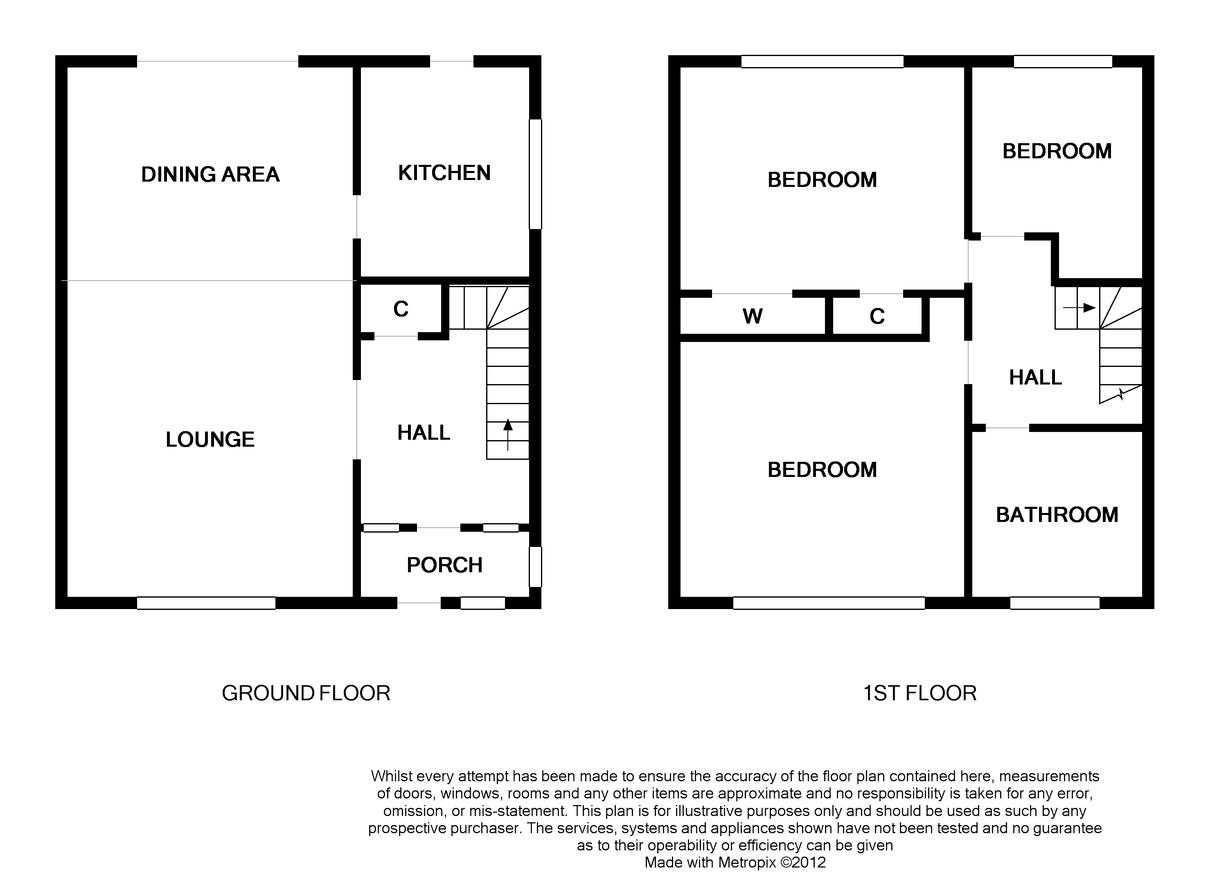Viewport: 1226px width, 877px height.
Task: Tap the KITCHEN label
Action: pyautogui.click(x=444, y=173)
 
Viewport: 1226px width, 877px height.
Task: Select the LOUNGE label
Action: pyautogui.click(x=210, y=440)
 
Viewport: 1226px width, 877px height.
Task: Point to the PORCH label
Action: pyautogui.click(x=444, y=565)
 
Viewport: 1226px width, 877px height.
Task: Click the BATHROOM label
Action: pyautogui.click(x=1057, y=515)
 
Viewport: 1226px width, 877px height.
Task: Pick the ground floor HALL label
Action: pyautogui.click(x=424, y=432)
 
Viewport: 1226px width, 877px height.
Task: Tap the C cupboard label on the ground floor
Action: pyautogui.click(x=401, y=309)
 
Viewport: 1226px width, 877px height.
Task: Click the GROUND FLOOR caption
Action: pyautogui.click(x=306, y=693)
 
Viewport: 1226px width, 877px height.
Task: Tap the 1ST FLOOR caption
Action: pyautogui.click(x=920, y=693)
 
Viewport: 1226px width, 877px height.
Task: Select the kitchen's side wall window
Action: pyautogui.click(x=535, y=174)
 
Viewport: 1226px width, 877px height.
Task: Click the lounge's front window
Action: pyautogui.click(x=206, y=603)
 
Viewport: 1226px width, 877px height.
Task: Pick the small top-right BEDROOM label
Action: pyautogui.click(x=1057, y=151)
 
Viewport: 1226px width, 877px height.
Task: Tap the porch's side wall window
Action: pyautogui.click(x=535, y=567)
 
